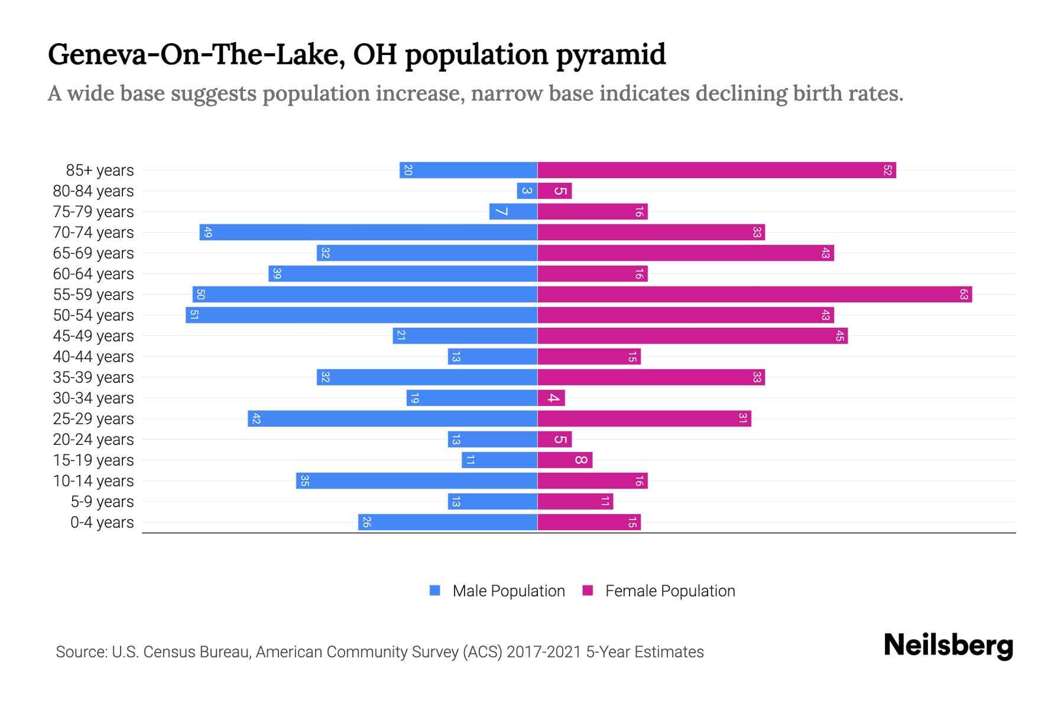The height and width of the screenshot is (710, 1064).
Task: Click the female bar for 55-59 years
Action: click(x=754, y=294)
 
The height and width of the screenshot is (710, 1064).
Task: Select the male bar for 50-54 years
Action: click(x=361, y=315)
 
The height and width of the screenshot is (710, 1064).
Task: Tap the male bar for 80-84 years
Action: click(x=527, y=191)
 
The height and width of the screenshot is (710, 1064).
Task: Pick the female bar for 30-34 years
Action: click(x=551, y=398)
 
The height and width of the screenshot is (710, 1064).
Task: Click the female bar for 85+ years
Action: click(x=716, y=170)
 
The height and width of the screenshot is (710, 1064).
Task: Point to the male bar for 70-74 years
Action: click(x=368, y=232)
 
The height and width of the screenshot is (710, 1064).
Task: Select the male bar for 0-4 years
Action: click(x=447, y=522)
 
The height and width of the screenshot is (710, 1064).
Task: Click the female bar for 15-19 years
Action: click(x=565, y=460)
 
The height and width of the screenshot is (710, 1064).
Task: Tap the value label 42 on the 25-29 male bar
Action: click(x=256, y=419)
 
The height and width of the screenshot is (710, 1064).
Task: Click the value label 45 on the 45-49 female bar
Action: click(x=839, y=336)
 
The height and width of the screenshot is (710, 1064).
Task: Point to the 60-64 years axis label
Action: click(x=93, y=274)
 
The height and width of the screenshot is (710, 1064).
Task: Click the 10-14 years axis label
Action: click(x=93, y=481)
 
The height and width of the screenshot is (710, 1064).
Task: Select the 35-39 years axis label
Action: click(x=93, y=377)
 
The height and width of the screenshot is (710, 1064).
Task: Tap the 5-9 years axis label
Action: click(x=102, y=502)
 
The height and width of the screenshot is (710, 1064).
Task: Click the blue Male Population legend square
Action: click(x=435, y=590)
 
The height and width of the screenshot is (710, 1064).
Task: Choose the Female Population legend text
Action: click(x=670, y=591)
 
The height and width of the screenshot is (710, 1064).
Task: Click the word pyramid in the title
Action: click(x=611, y=54)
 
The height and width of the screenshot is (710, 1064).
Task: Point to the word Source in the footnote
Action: click(x=80, y=652)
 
